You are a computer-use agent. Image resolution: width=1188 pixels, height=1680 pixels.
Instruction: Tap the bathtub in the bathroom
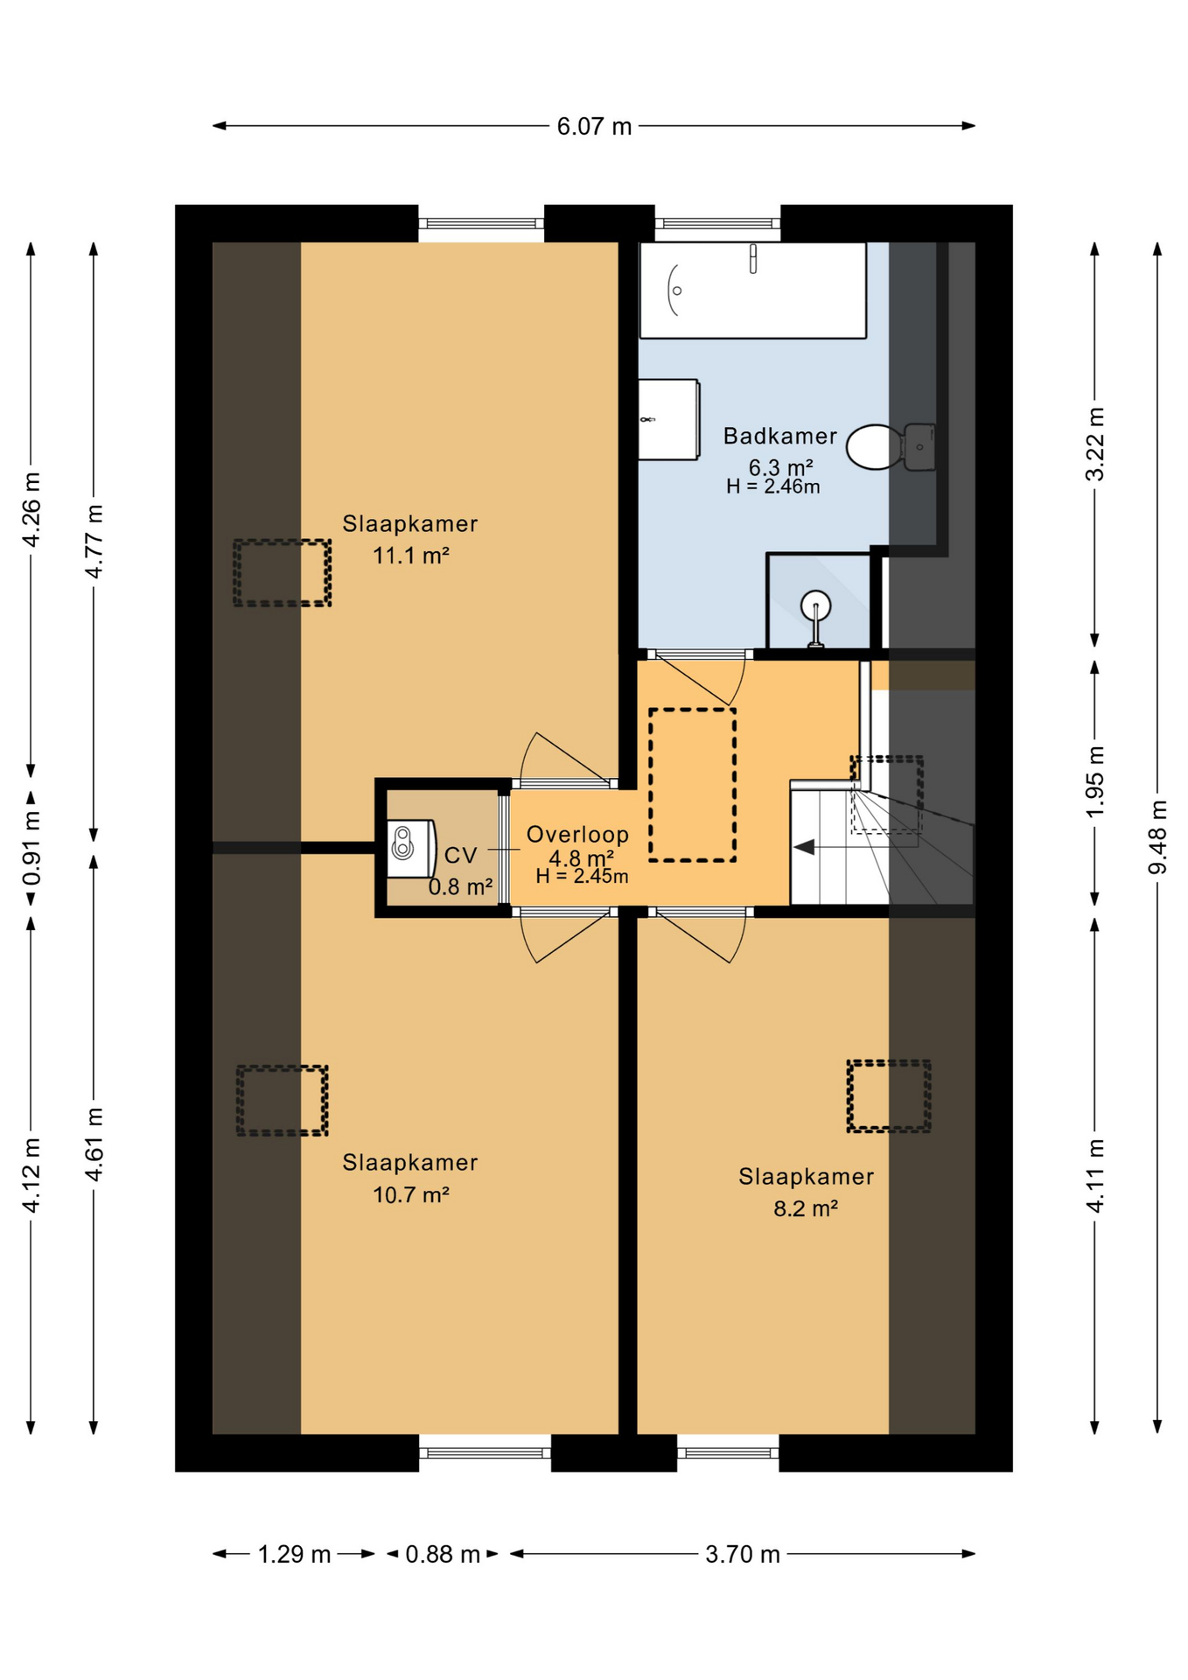752,290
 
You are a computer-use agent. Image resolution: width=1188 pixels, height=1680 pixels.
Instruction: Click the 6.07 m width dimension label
594,126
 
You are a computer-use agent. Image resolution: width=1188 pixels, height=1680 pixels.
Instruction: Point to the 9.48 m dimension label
1157,837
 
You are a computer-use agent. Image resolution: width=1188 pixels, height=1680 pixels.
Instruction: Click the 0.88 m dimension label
443,1554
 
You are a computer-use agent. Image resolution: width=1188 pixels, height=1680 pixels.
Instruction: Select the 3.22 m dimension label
1094,444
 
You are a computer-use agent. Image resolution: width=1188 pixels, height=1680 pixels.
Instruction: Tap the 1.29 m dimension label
294,1554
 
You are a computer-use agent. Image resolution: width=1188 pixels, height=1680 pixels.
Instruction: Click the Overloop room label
577,835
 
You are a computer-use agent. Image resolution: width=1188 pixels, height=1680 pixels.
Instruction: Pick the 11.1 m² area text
411,555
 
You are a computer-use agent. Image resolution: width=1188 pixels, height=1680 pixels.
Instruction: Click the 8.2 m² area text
806,1208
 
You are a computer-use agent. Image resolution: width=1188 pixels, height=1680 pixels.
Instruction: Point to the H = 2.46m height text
773,486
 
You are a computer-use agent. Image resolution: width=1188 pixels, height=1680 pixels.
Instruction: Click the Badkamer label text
780,436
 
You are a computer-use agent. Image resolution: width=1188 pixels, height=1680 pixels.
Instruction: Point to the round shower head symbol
815,605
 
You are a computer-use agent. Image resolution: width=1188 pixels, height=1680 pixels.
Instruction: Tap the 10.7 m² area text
411,1194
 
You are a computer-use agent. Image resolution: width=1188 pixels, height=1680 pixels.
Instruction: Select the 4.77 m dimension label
94,541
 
